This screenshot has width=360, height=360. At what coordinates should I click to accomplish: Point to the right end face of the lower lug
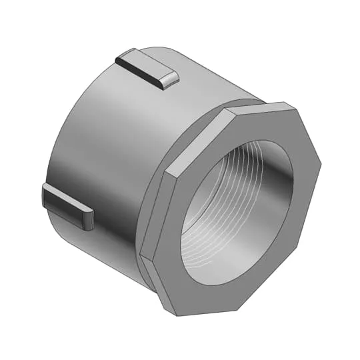(89, 221)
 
